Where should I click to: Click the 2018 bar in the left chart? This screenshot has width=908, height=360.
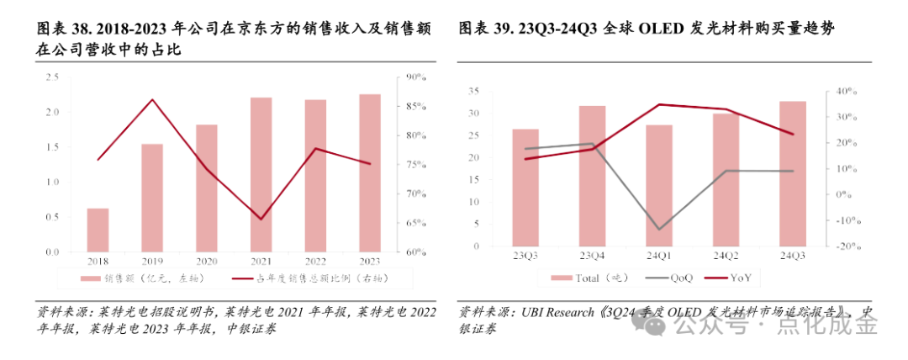click(98, 230)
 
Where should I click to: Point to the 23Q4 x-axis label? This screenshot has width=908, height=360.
click(593, 255)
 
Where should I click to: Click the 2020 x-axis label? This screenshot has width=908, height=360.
click(207, 260)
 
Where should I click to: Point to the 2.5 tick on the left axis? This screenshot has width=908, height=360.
click(52, 77)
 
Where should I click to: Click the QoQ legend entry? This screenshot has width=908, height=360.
click(673, 278)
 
